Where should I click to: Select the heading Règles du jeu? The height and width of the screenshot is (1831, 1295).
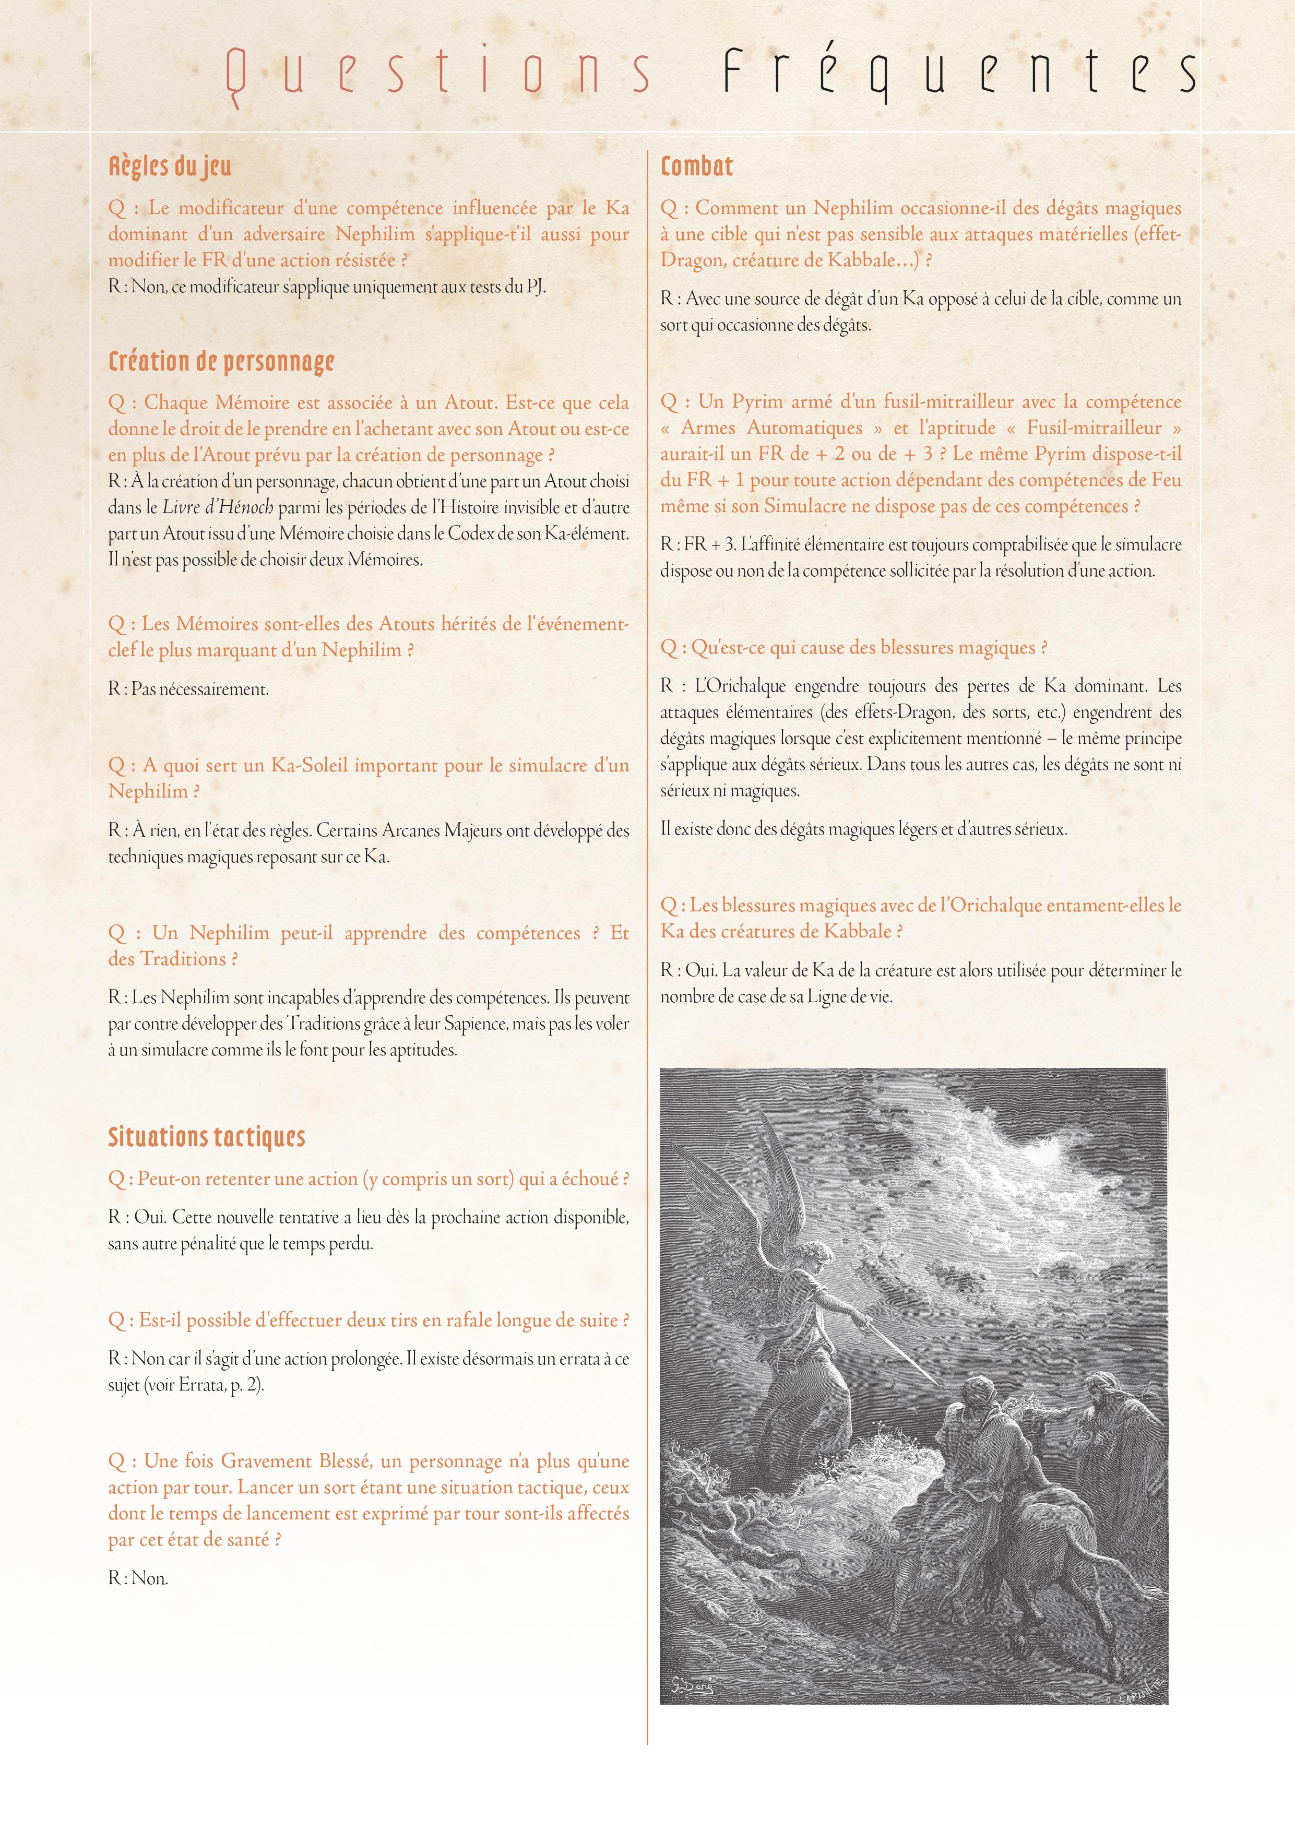[170, 167]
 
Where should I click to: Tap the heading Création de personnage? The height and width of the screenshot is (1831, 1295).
[221, 362]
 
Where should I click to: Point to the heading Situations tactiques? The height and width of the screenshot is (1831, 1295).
[207, 1137]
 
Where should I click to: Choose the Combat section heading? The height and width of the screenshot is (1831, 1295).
[696, 167]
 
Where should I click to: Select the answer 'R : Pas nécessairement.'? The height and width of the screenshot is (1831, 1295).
[189, 689]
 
